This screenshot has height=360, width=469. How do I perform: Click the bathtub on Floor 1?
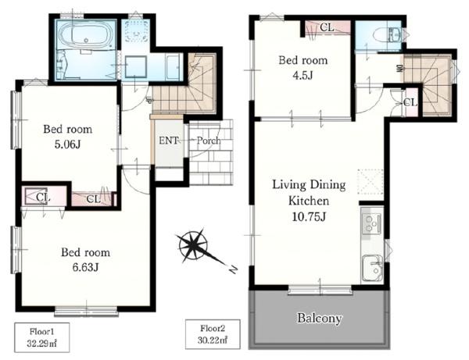point(87,34)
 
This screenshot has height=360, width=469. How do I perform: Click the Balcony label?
point(319,319)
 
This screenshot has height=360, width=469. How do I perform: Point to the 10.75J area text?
point(309,216)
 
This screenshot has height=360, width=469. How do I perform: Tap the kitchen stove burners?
point(371,223)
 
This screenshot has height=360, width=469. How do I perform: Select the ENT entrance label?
point(168,140)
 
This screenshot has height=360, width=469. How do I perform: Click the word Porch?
point(209,140)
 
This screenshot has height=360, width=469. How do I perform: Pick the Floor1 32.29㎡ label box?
point(42,337)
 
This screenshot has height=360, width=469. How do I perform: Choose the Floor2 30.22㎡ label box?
point(213,334)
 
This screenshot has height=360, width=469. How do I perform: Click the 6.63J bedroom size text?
point(85,267)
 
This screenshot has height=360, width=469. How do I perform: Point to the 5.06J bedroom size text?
point(67,144)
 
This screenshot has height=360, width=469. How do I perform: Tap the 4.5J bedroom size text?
point(303,75)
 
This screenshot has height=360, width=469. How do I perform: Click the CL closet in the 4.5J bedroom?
point(328,28)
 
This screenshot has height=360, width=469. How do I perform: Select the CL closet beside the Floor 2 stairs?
point(410,102)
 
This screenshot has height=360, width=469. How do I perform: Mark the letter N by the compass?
point(233,269)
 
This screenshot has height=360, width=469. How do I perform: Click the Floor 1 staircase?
point(184,83)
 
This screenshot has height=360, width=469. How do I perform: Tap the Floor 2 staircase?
point(427,84)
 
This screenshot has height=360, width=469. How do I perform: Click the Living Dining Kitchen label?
point(309,192)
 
